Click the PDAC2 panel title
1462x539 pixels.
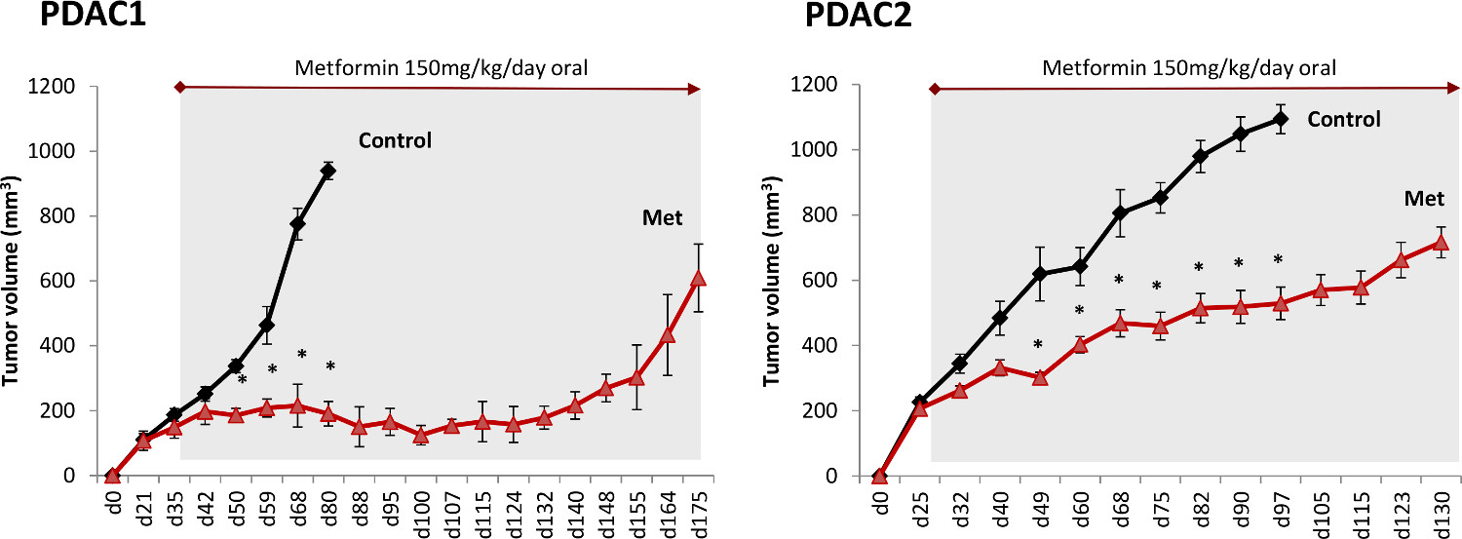[857, 17]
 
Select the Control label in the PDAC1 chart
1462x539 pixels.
[395, 140]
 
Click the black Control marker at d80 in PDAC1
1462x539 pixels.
[328, 171]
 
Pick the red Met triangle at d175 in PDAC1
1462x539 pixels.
[698, 279]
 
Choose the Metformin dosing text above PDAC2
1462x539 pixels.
[1189, 68]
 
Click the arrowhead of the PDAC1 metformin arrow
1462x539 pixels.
[694, 89]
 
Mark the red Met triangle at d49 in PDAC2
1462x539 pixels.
[1039, 377]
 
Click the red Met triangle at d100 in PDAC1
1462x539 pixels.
[420, 436]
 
